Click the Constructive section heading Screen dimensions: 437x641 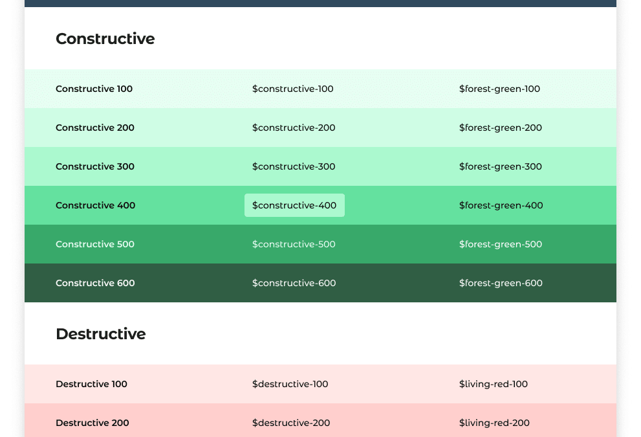coord(105,39)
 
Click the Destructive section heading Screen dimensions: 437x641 coord(100,334)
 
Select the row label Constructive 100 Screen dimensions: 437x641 coord(94,89)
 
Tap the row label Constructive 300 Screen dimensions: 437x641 coord(95,166)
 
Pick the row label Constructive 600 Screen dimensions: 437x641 coord(95,283)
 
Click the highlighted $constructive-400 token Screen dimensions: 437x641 coord(294,205)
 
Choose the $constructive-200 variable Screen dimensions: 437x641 coord(294,128)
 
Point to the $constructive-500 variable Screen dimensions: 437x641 coord(294,244)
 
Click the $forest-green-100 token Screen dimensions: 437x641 coord(499,89)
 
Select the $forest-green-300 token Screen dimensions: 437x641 coord(501,166)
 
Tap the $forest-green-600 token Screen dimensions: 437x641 coord(501,283)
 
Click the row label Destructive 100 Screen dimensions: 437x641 coord(91,384)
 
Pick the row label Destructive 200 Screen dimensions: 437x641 coord(92,423)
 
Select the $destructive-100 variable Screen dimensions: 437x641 coord(290,384)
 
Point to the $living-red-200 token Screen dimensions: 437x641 coord(494,423)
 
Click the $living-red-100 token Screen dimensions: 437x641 coord(494,384)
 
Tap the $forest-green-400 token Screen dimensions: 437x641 coord(501,205)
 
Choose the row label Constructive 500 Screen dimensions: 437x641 coord(95,244)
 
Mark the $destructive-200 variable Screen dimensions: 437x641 coord(291,423)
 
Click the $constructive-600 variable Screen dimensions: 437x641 coord(294,283)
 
